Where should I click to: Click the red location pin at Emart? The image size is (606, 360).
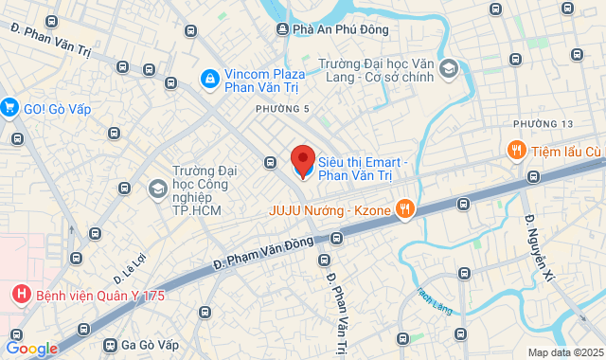point(302,159)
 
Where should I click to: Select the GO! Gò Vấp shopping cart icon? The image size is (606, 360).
point(10,108)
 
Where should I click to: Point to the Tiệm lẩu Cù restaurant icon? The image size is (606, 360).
point(516,151)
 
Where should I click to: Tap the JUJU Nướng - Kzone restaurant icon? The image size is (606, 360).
point(404,208)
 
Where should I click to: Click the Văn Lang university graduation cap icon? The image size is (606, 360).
point(448,68)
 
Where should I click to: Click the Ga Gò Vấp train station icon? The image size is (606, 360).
point(112,346)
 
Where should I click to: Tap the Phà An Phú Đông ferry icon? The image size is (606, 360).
point(282,29)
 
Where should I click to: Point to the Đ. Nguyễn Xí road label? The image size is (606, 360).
point(539,246)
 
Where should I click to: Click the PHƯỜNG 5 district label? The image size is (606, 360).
point(282,110)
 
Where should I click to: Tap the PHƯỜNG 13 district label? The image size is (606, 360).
point(544,125)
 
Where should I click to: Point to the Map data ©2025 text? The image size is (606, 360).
point(563,352)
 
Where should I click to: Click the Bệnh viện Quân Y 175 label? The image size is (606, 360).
point(100,296)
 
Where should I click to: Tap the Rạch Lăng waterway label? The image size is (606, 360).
point(434,301)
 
